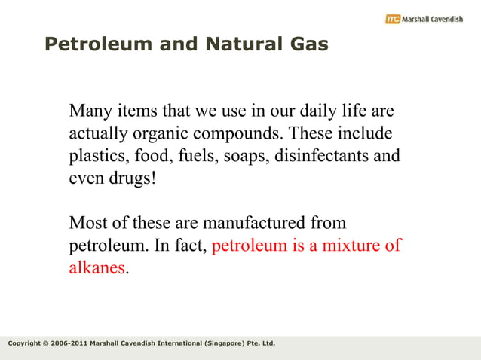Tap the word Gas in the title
308,45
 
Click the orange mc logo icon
393,19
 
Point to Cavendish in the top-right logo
445,19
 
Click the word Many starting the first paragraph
90,111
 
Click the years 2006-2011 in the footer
67,344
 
